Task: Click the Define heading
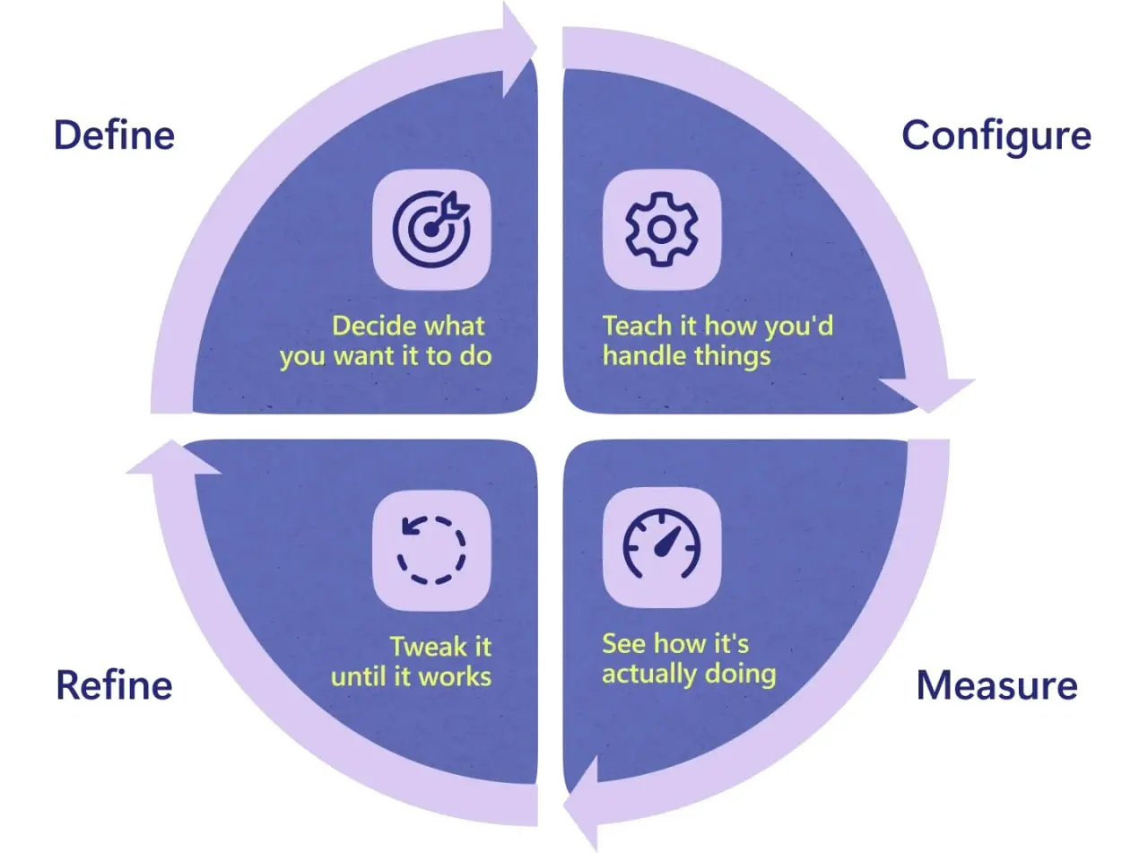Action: point(115,135)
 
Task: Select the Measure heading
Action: point(996,685)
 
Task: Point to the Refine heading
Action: point(115,685)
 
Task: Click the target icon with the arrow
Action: point(431,230)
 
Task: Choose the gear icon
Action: point(662,230)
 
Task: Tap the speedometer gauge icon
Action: point(662,544)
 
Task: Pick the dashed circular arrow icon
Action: point(431,550)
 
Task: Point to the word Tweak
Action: point(428,647)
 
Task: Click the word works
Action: point(456,677)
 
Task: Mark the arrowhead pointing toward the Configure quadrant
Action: point(519,49)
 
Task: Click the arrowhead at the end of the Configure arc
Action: point(927,395)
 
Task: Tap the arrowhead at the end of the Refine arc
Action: point(173,457)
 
